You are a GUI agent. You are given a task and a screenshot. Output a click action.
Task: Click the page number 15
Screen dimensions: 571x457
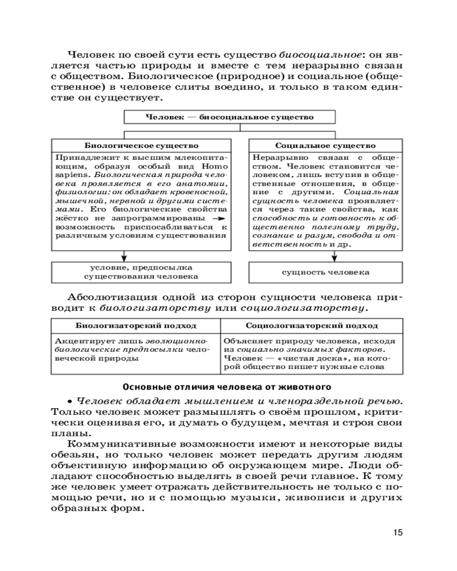(398, 533)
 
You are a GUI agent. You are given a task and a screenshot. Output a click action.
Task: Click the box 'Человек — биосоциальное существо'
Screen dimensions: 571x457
(230, 117)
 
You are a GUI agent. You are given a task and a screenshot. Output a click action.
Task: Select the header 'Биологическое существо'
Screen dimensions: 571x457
(142, 146)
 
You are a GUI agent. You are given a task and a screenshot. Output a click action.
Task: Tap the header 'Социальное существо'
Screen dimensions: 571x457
(326, 146)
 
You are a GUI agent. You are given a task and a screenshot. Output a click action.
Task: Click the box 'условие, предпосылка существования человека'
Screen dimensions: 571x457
(142, 272)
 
